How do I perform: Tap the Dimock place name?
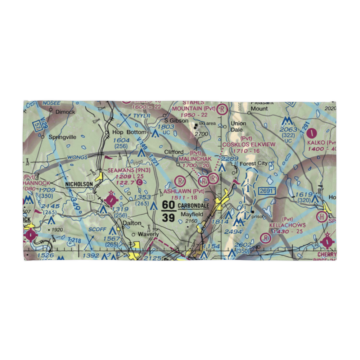click(65, 112)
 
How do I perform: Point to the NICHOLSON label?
click(79, 184)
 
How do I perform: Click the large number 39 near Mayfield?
click(169, 217)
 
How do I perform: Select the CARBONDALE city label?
click(193, 206)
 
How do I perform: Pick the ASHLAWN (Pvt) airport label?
click(184, 191)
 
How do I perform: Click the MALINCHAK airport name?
click(195, 159)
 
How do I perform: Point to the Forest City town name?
click(254, 163)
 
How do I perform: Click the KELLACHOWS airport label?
click(287, 225)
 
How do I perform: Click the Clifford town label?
click(174, 152)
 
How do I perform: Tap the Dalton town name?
click(132, 223)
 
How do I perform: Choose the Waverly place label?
click(148, 234)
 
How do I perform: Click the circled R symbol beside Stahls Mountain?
click(223, 108)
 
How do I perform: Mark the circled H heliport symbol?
click(320, 217)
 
